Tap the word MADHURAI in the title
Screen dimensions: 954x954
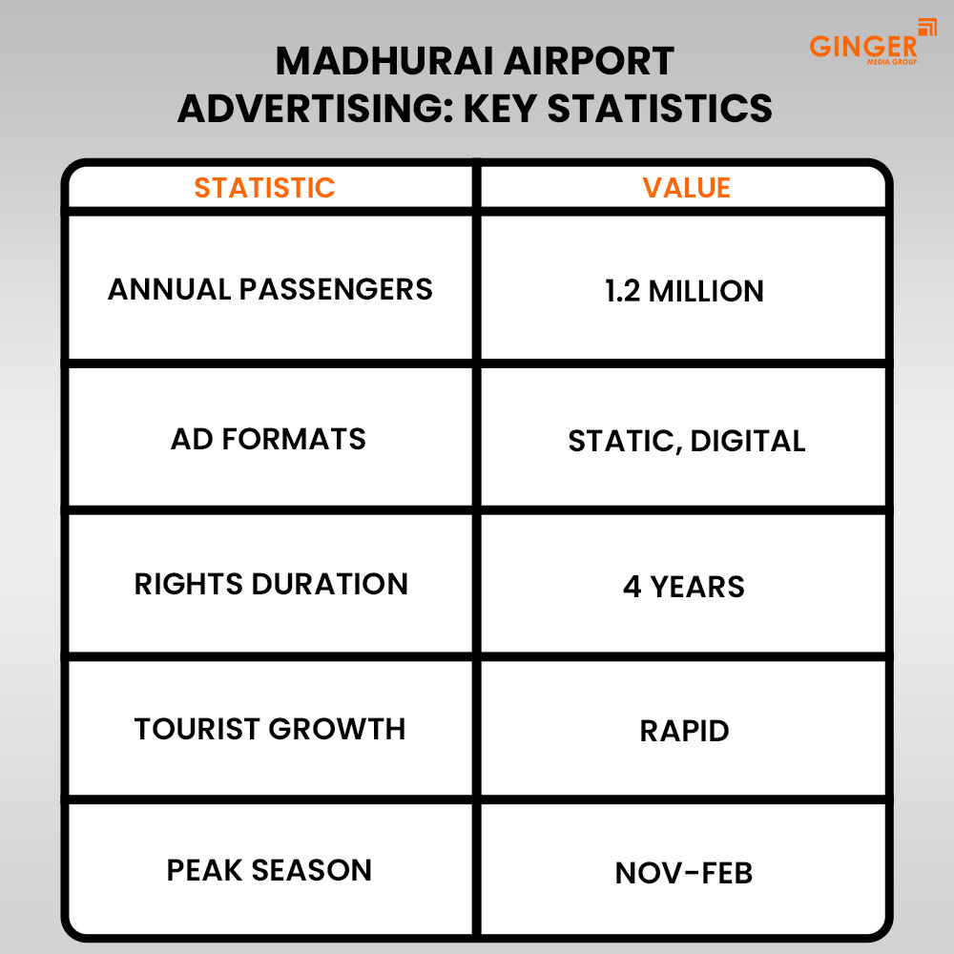pyautogui.click(x=384, y=62)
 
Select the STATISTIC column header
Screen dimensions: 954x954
pyautogui.click(x=265, y=188)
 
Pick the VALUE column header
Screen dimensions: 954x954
pyautogui.click(x=686, y=188)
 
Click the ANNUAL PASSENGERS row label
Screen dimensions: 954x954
pyautogui.click(x=270, y=289)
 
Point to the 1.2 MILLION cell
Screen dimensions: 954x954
pyautogui.click(x=684, y=291)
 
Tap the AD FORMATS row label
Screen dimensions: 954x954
pyautogui.click(x=268, y=440)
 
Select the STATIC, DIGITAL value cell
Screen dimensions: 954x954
pyautogui.click(x=686, y=441)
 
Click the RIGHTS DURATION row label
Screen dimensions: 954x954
pyautogui.click(x=271, y=584)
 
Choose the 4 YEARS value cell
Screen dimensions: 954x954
pyautogui.click(x=684, y=586)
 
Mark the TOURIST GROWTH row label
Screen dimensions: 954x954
pyautogui.click(x=270, y=729)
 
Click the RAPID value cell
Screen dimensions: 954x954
pyautogui.click(x=684, y=731)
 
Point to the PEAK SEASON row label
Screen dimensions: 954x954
pyautogui.click(x=269, y=870)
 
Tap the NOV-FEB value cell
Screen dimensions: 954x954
pyautogui.click(x=684, y=872)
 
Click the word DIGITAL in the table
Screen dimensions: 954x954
pyautogui.click(x=747, y=441)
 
